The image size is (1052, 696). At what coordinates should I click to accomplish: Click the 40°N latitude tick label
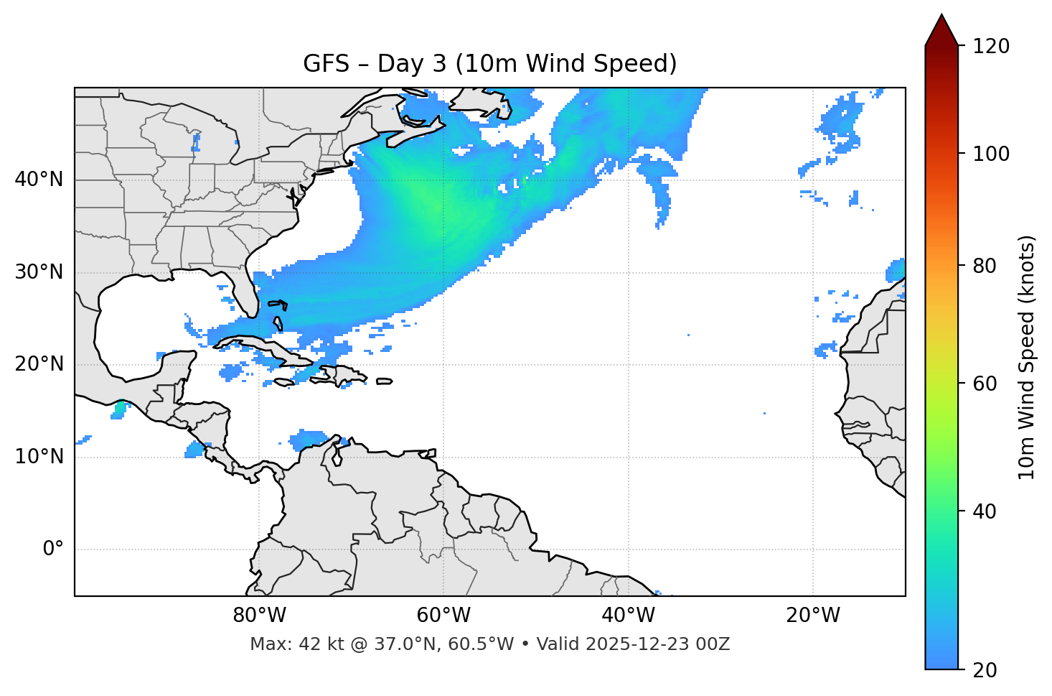[x=39, y=180]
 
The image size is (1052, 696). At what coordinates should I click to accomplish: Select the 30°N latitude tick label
[x=39, y=272]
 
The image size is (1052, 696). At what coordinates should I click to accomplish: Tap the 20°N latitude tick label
[x=39, y=364]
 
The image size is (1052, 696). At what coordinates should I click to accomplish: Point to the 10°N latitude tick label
[x=39, y=457]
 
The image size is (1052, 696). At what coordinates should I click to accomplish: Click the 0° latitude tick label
[x=53, y=549]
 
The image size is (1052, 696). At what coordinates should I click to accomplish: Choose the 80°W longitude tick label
[x=259, y=616]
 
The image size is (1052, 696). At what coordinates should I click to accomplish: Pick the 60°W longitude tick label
[x=443, y=616]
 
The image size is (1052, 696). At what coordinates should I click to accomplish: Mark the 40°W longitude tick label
[x=629, y=616]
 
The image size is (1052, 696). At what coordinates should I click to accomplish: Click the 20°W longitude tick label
[x=813, y=616]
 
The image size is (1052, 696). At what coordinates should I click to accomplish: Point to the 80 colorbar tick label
[x=985, y=266]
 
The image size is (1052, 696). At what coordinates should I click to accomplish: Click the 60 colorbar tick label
[x=985, y=384]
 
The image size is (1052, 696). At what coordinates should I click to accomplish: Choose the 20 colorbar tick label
[x=985, y=670]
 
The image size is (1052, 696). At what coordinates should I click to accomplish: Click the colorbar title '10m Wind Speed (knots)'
[x=1027, y=357]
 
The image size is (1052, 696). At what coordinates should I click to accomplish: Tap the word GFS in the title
[x=323, y=64]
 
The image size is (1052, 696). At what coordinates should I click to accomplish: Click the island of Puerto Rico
[x=384, y=381]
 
